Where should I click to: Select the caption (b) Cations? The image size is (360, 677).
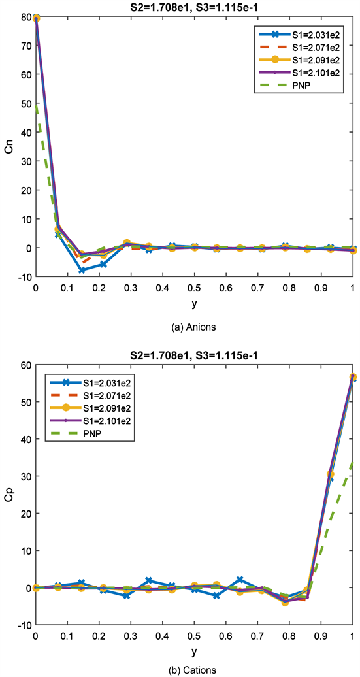[194, 669]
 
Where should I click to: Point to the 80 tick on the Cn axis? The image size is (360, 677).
[25, 18]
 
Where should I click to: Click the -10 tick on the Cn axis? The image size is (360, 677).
[23, 277]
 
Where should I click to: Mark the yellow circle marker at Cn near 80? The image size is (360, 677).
[35, 18]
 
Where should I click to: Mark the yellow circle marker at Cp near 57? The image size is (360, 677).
[353, 377]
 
